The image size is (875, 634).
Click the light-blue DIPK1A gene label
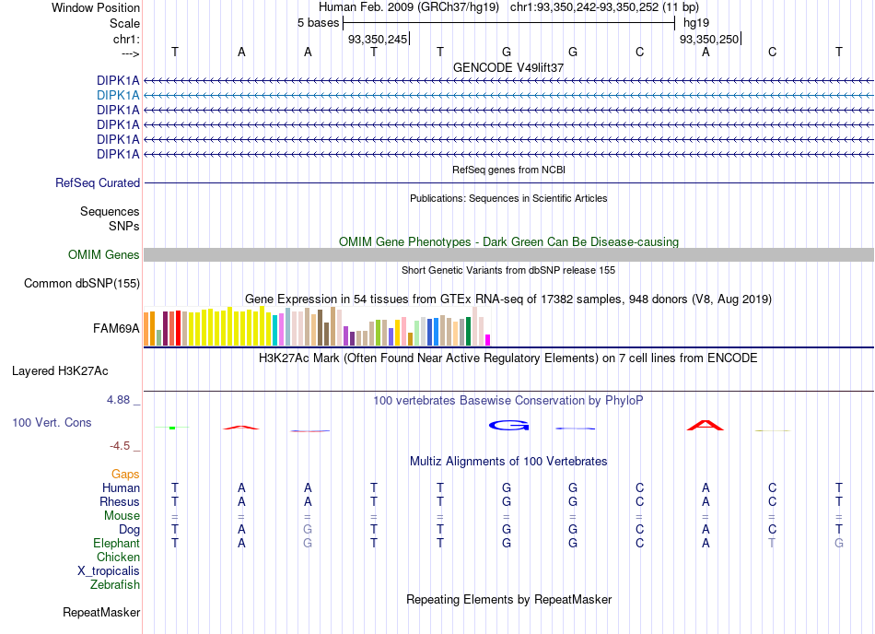click(118, 96)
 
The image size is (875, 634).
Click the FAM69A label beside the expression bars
click(116, 329)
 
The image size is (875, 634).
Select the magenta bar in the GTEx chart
click(488, 340)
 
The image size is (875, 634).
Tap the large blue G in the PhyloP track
click(509, 426)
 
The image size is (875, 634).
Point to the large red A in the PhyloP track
click(706, 425)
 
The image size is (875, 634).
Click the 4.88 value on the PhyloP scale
click(118, 400)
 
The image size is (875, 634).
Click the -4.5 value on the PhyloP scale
click(120, 446)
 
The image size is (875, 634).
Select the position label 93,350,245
click(378, 39)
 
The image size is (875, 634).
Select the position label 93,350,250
click(709, 39)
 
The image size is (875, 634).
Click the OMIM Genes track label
click(104, 255)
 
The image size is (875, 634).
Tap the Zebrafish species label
click(115, 585)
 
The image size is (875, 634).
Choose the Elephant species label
click(117, 544)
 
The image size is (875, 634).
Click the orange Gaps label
click(125, 475)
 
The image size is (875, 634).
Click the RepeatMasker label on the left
click(101, 613)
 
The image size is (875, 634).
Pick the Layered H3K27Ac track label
click(60, 371)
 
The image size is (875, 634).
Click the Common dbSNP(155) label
click(82, 284)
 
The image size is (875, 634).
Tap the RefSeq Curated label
click(98, 183)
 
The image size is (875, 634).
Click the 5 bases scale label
click(318, 23)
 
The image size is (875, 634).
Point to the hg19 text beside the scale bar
click(696, 23)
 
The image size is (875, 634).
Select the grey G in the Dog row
click(308, 529)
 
